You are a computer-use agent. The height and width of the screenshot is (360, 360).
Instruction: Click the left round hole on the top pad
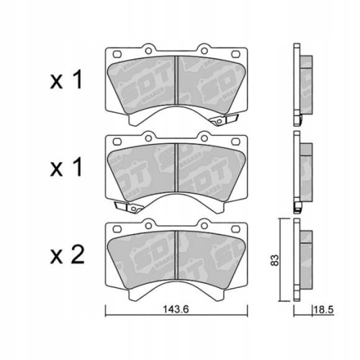150,51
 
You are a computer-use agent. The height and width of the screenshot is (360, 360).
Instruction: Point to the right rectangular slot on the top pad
237,54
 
